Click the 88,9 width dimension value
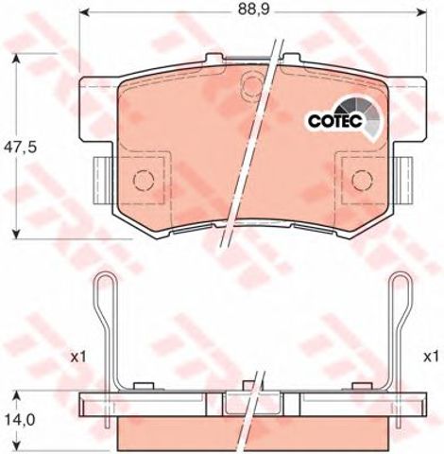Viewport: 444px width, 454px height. click(x=249, y=9)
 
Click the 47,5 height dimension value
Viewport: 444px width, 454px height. click(x=20, y=148)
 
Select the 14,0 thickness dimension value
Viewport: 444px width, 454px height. click(x=19, y=419)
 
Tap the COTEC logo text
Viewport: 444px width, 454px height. click(x=335, y=121)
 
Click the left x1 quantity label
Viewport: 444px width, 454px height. click(x=78, y=358)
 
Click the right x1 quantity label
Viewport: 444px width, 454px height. click(x=431, y=358)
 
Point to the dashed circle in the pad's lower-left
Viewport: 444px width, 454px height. click(x=144, y=180)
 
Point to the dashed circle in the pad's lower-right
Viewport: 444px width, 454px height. click(x=362, y=180)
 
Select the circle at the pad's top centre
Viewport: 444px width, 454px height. click(x=252, y=81)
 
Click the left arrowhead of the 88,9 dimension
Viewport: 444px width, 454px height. click(x=82, y=12)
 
